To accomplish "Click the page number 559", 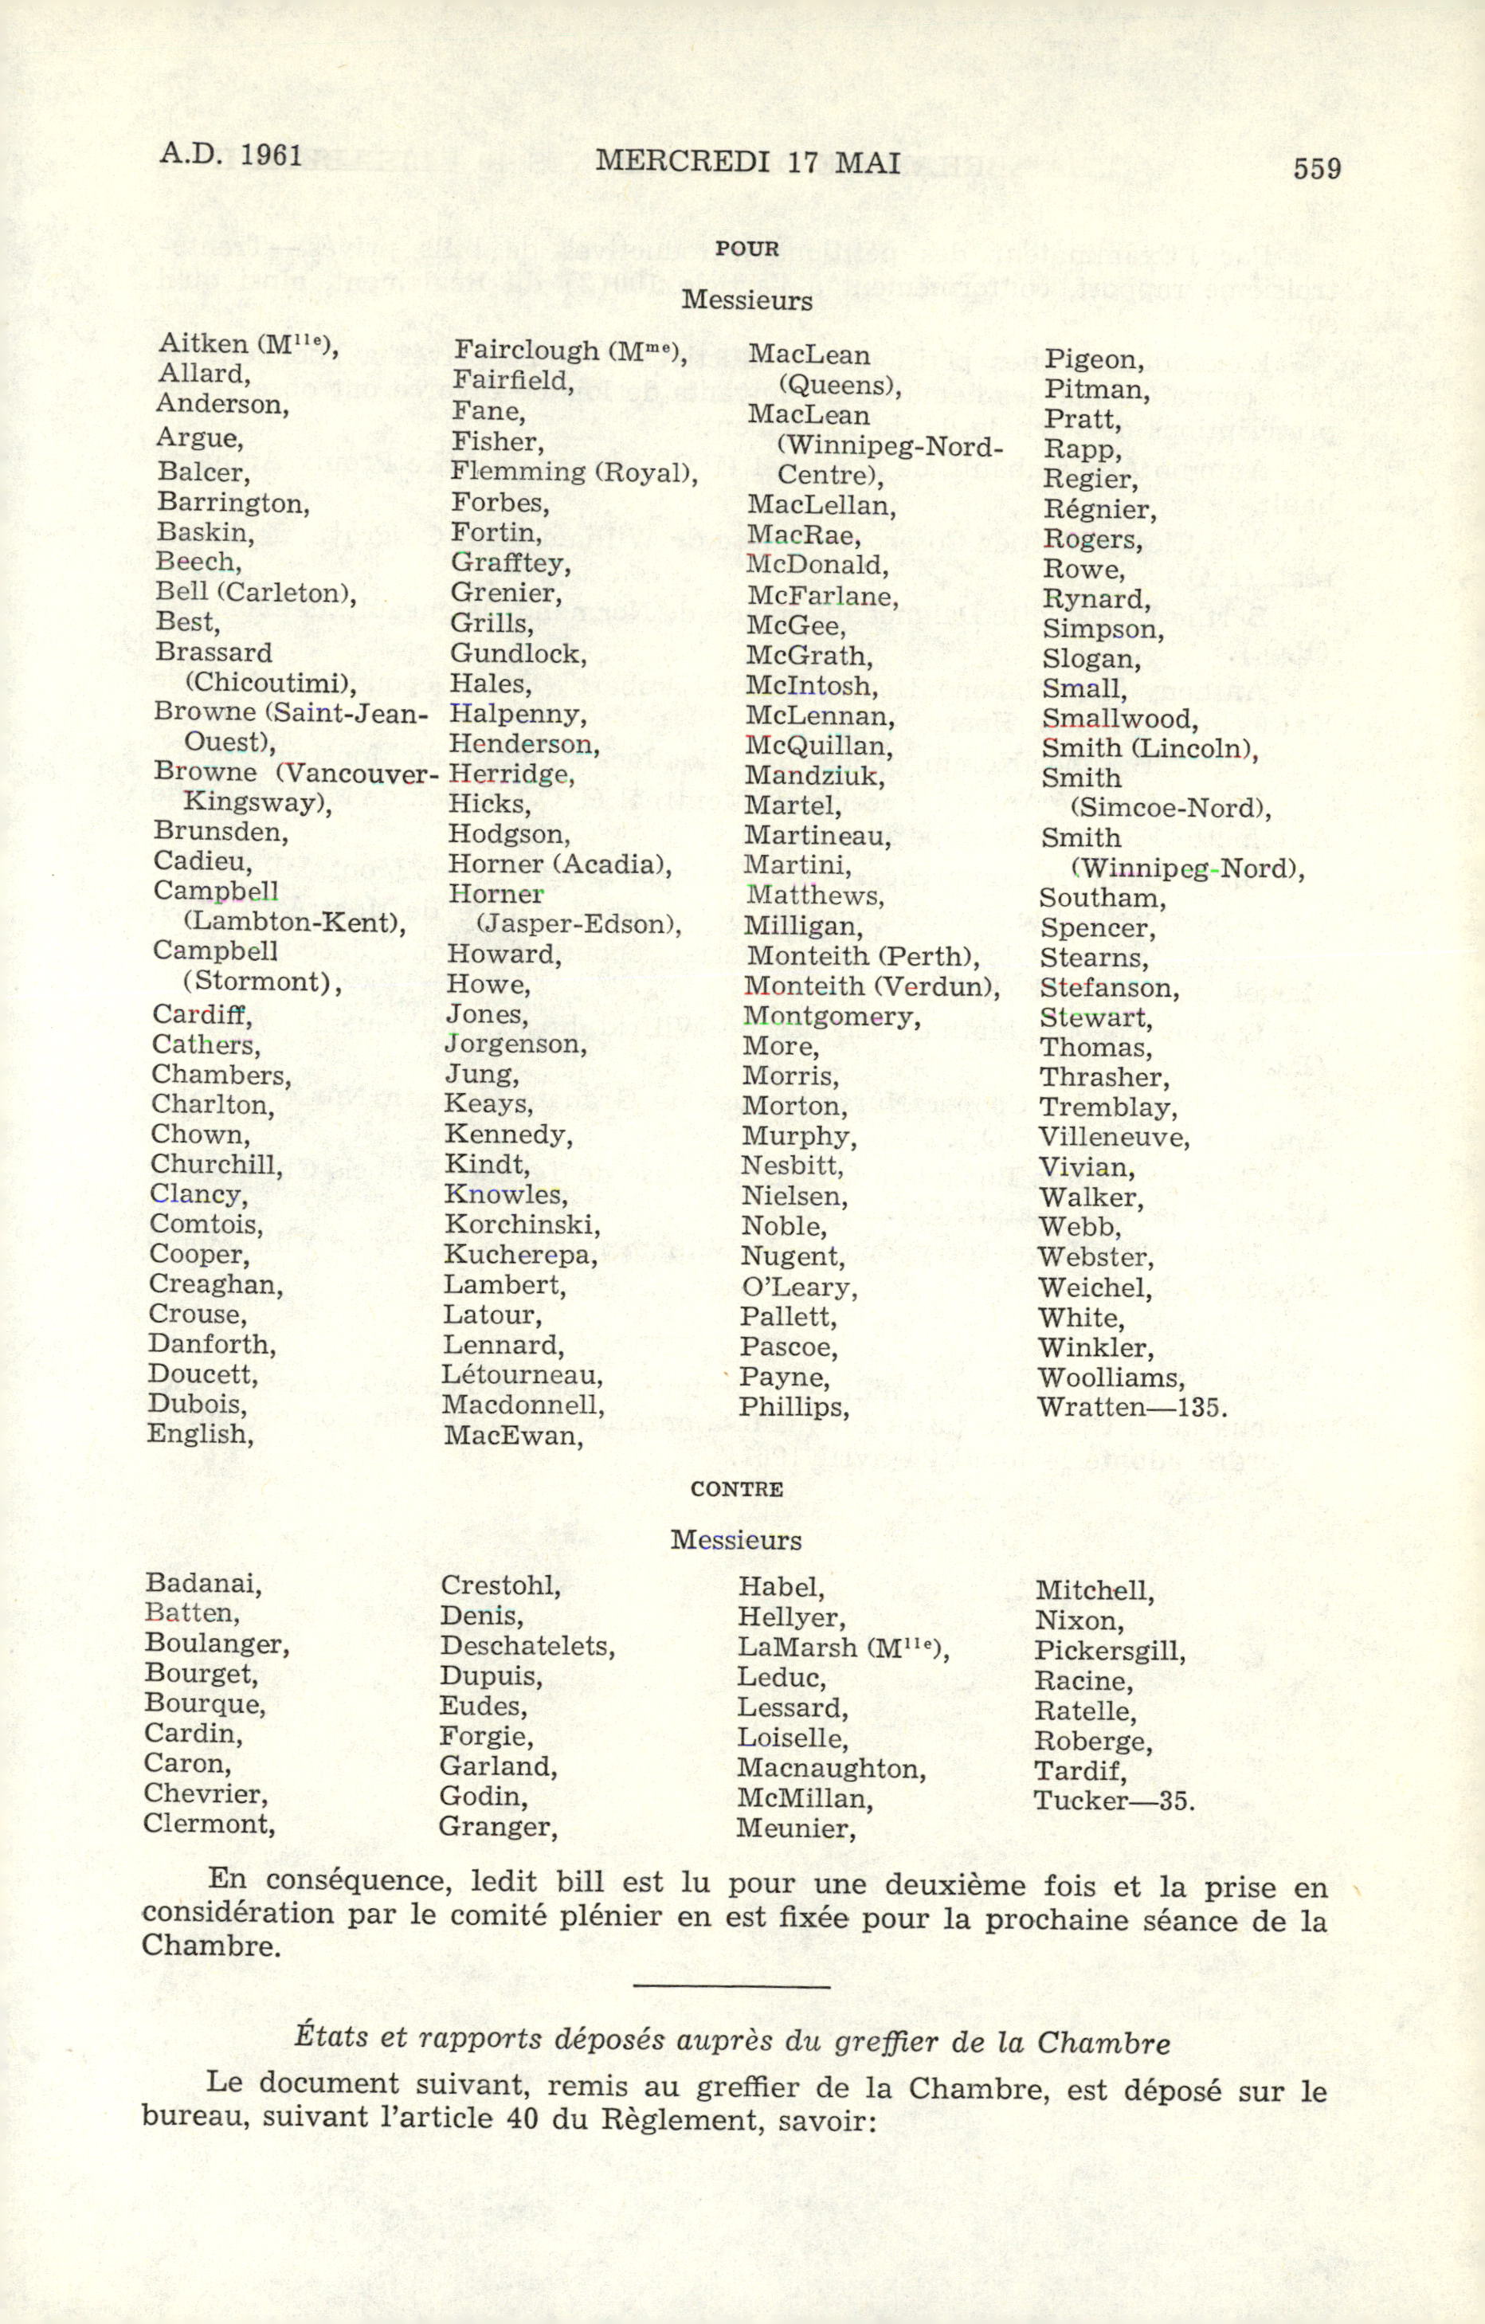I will [x=1317, y=169].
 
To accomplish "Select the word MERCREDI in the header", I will [x=682, y=161].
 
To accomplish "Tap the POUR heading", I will [x=746, y=249].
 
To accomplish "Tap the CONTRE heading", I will [x=736, y=1488].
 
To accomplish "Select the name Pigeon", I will [x=1092, y=361].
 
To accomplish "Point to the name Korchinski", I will [x=521, y=1225].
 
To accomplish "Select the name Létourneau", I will [x=522, y=1375].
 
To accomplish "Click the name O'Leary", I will [x=798, y=1287].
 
